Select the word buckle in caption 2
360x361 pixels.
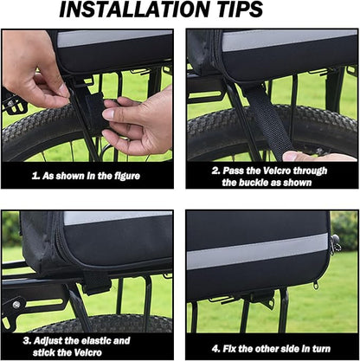251,183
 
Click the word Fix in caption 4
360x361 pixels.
229,349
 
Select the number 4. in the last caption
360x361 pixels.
216,349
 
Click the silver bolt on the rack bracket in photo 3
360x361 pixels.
16,305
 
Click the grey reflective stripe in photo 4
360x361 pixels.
257,251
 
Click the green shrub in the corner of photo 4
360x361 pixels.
345,230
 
